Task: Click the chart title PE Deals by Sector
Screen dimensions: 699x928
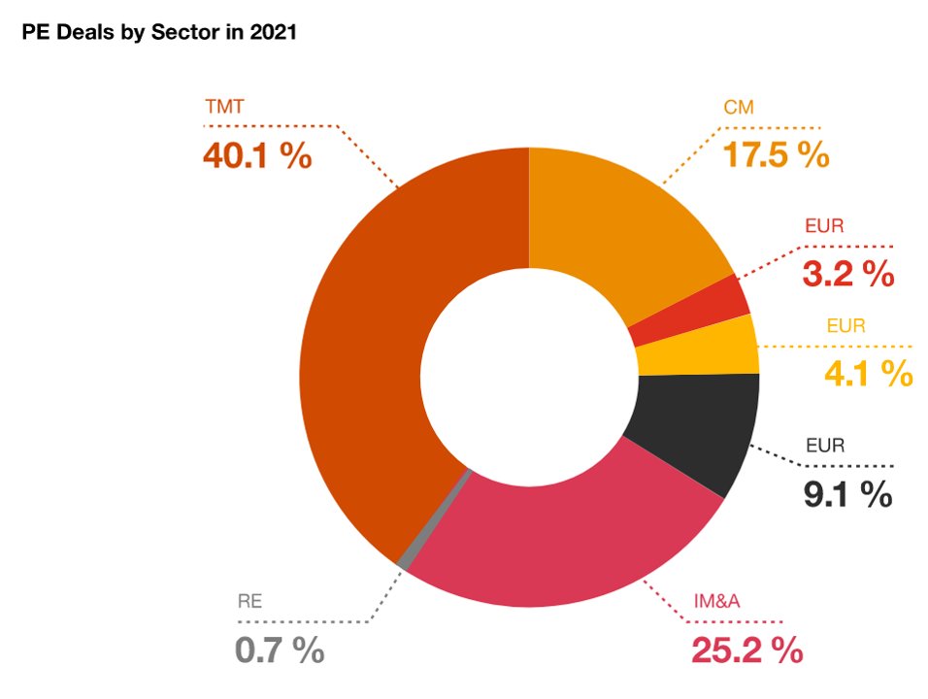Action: [158, 33]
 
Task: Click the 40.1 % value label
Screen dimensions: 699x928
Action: [257, 155]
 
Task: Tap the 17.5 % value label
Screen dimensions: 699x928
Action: [776, 155]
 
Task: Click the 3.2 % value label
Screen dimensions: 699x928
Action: [847, 275]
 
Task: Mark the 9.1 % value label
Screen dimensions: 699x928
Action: [846, 494]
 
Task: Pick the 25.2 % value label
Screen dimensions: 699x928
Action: [746, 649]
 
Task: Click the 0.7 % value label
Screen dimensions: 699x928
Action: [280, 649]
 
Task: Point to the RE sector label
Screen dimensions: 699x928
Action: [249, 601]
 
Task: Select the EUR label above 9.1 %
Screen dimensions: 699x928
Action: [826, 448]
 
